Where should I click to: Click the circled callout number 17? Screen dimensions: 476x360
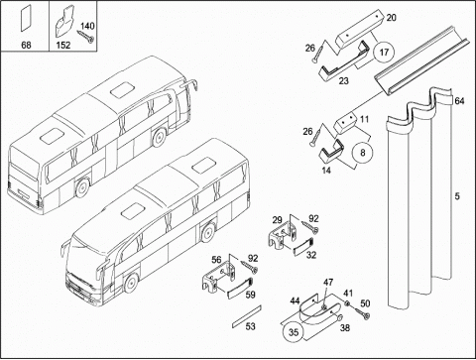[384, 53]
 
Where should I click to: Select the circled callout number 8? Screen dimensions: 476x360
[363, 153]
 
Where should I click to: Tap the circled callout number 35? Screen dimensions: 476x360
[294, 332]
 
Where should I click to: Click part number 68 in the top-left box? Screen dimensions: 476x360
[26, 45]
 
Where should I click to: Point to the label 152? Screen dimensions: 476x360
[62, 45]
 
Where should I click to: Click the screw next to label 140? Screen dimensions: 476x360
[85, 37]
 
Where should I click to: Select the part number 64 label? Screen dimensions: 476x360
[459, 101]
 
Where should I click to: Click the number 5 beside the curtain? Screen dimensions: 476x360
[457, 196]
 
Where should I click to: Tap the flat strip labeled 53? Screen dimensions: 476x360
[247, 316]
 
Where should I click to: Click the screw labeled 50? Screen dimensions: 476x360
[361, 312]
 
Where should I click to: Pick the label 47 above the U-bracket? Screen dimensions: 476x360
[328, 283]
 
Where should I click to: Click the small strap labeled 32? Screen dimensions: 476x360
[302, 246]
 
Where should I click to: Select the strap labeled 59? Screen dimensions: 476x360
[239, 288]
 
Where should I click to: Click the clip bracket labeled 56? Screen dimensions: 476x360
[218, 278]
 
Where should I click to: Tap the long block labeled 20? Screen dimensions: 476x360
[359, 29]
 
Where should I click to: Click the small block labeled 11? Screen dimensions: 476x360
[345, 124]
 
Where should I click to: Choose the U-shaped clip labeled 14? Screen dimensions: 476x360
[330, 153]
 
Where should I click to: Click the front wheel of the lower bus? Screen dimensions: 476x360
[131, 283]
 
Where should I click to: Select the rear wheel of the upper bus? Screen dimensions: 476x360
[81, 187]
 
